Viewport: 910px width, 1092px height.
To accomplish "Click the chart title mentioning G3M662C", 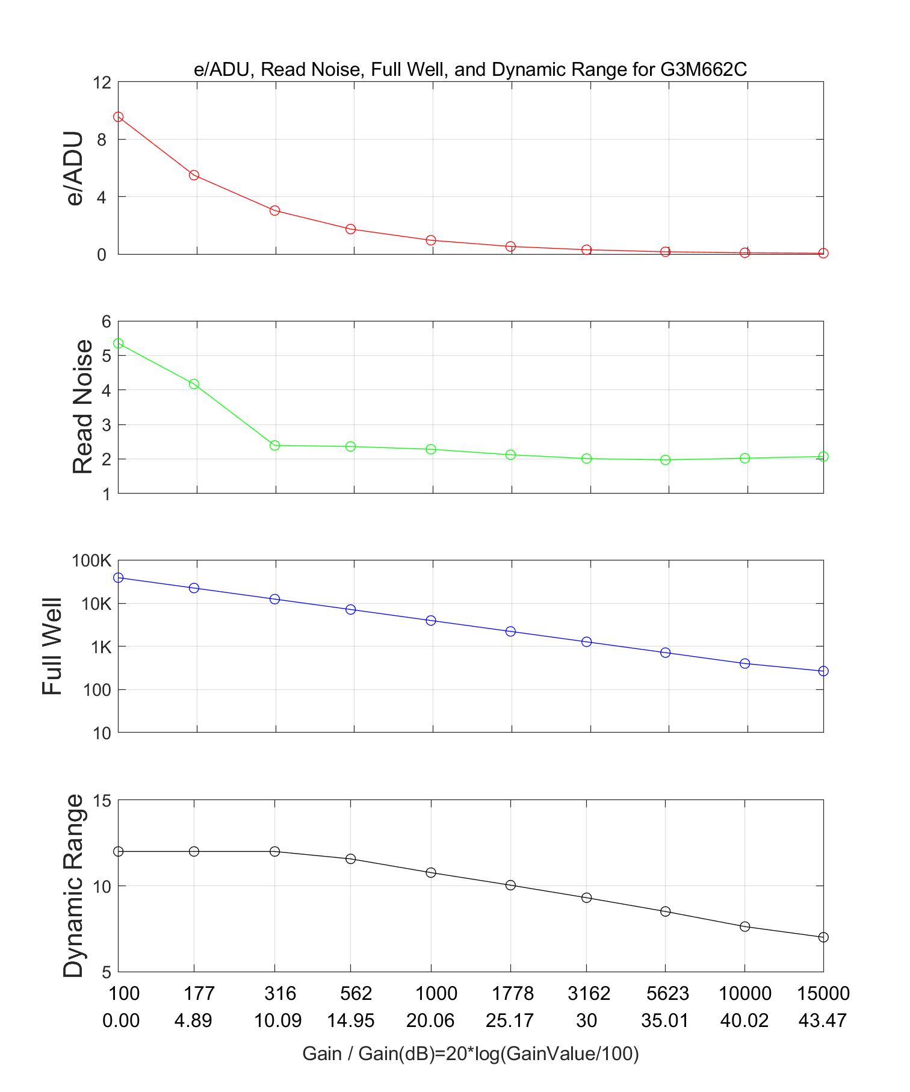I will (470, 70).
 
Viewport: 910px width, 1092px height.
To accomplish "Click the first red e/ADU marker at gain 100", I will (119, 117).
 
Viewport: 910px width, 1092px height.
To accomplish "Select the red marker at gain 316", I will (275, 211).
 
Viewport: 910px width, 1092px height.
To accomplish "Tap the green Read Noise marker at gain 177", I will (194, 384).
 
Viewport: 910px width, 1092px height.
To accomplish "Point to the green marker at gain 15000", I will (823, 456).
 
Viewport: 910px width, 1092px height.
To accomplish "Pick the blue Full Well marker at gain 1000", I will (431, 621).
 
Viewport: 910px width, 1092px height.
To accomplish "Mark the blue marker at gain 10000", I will (744, 663).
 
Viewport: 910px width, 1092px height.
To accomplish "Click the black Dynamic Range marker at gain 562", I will (350, 858).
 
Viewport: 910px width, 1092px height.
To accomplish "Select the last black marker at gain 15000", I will (823, 937).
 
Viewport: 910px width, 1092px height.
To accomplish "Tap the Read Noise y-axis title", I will (82, 407).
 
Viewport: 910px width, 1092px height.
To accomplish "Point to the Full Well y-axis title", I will (53, 647).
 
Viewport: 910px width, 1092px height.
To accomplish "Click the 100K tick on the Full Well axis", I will (91, 561).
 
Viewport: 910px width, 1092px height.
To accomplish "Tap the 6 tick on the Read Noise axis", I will (107, 321).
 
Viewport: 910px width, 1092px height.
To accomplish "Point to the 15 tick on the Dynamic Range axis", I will (102, 801).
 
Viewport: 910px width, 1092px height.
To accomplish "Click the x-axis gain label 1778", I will (510, 993).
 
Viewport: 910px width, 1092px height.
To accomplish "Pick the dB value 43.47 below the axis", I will (823, 1020).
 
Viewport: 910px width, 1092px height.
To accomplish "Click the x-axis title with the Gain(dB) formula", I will (470, 1053).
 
